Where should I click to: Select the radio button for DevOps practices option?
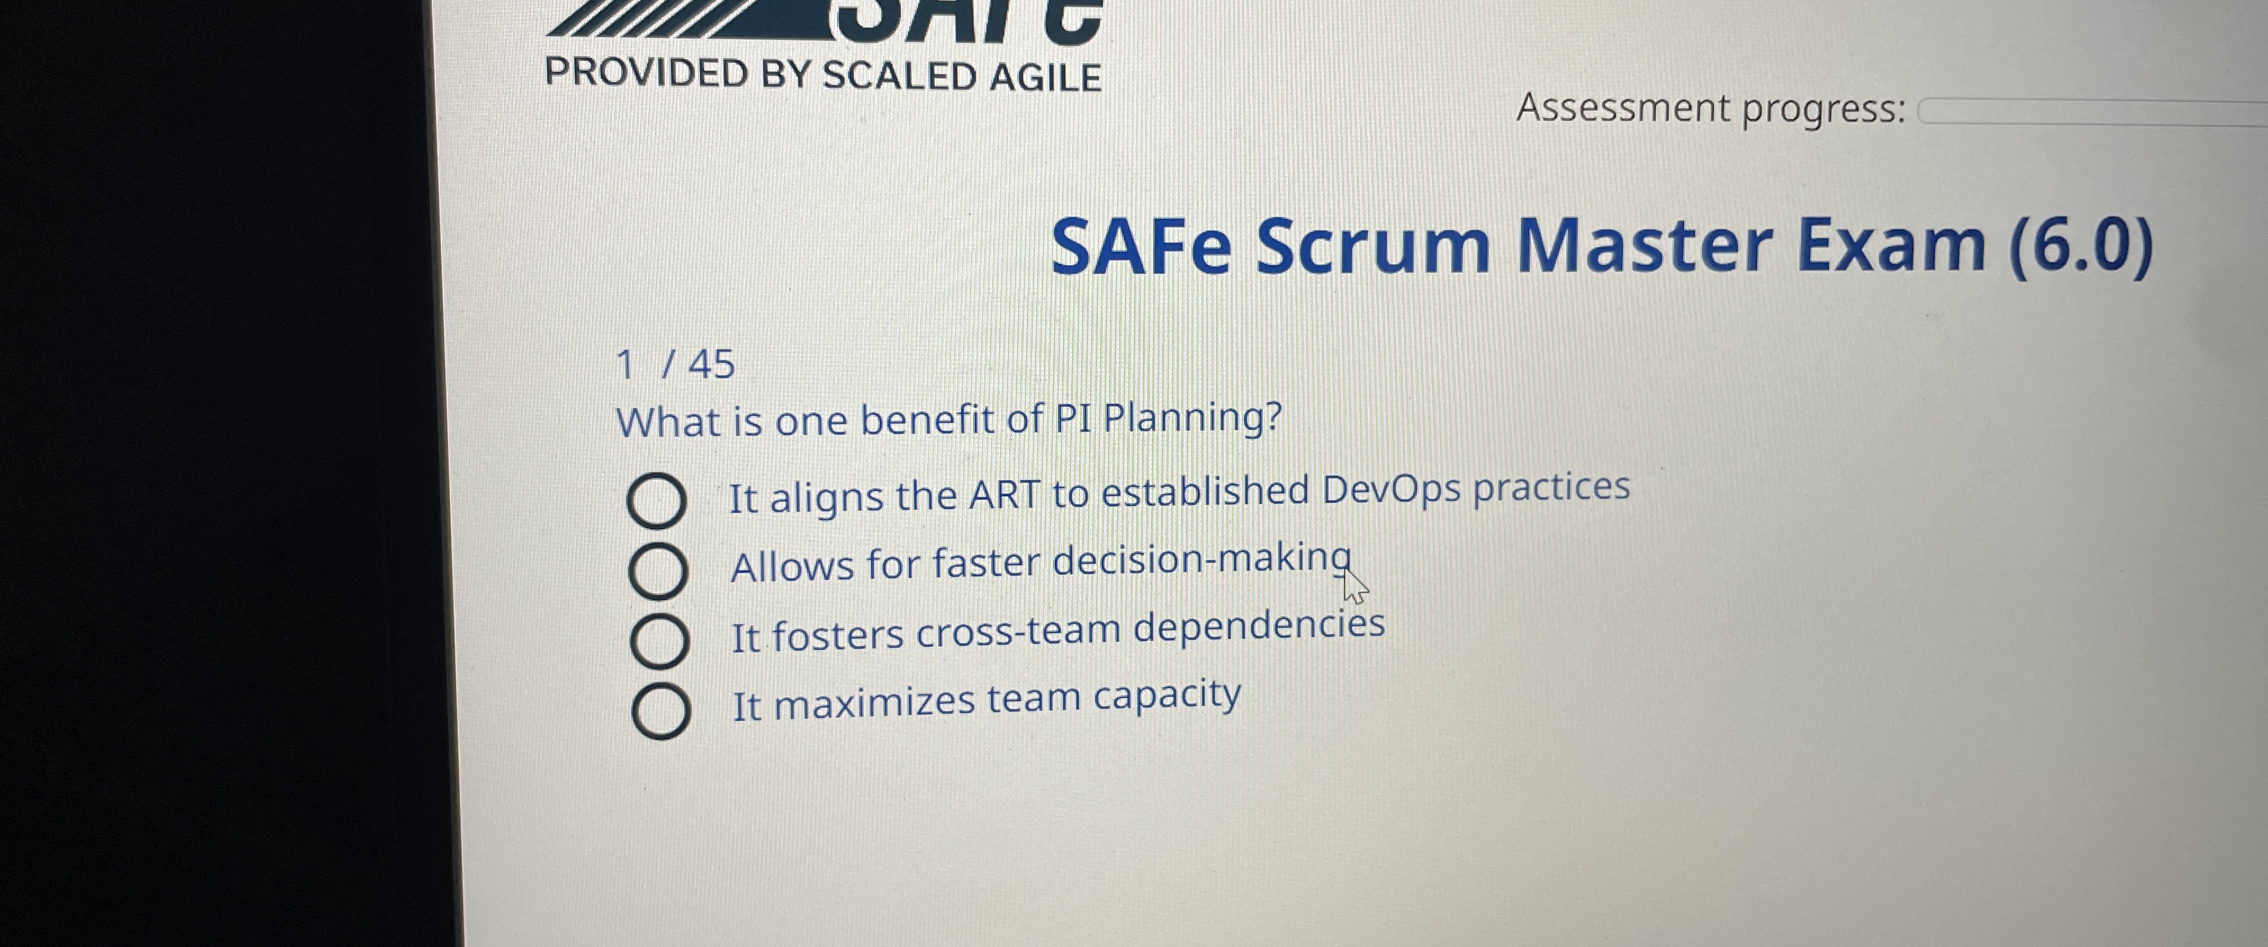(657, 501)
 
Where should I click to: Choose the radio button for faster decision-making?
(658, 571)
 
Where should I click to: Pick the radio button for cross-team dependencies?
(659, 641)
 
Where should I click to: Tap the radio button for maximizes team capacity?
(661, 711)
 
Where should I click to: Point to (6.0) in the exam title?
(2081, 246)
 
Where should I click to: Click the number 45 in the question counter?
(712, 364)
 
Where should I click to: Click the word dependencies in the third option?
(1259, 627)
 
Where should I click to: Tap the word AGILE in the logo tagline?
(1045, 78)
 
